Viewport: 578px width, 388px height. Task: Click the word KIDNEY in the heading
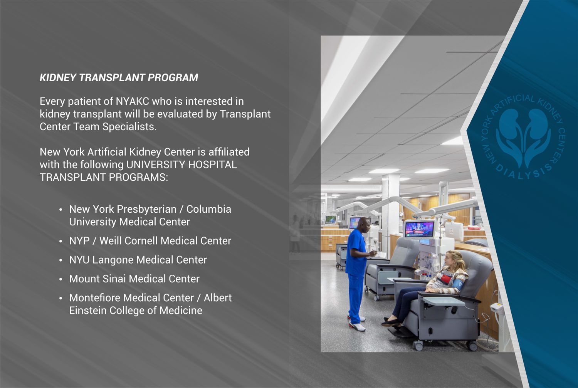[x=58, y=78]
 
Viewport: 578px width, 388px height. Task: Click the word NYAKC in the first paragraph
[x=133, y=101]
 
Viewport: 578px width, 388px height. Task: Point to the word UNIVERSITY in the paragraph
[x=156, y=165]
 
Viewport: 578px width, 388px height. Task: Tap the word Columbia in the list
[x=209, y=209]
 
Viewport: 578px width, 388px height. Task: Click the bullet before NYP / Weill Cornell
[x=60, y=242]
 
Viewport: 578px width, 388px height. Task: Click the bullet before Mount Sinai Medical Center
[x=60, y=279]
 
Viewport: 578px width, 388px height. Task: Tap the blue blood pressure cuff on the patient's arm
[x=456, y=285]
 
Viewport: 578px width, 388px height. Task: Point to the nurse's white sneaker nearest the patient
[x=358, y=326]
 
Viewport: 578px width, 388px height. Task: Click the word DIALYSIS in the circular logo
[x=524, y=173]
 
